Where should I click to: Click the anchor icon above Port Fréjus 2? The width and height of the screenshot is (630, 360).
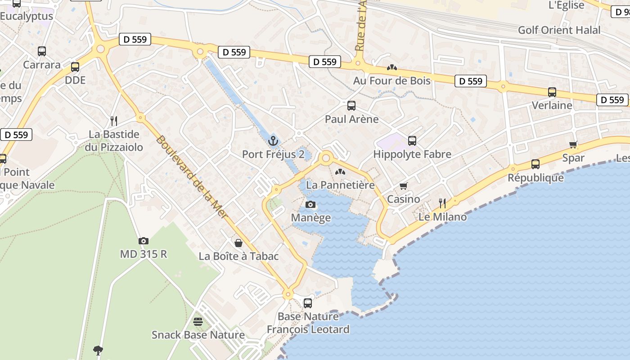pyautogui.click(x=273, y=141)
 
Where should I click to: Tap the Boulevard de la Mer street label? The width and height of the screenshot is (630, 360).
pyautogui.click(x=192, y=178)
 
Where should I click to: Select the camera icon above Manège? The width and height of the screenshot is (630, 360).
pyautogui.click(x=310, y=205)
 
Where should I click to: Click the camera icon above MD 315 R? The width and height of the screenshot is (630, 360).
pyautogui.click(x=144, y=241)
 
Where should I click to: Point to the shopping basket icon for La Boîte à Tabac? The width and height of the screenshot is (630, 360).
pyautogui.click(x=238, y=243)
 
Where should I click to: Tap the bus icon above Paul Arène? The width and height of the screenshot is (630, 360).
pyautogui.click(x=351, y=106)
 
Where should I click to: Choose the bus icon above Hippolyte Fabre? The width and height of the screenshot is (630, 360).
pyautogui.click(x=412, y=141)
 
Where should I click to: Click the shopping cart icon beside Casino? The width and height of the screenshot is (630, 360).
pyautogui.click(x=404, y=186)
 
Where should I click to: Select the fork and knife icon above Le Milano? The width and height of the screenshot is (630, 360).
pyautogui.click(x=442, y=203)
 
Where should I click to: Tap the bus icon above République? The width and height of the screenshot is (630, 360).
pyautogui.click(x=535, y=164)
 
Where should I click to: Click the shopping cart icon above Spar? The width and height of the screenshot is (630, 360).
pyautogui.click(x=573, y=144)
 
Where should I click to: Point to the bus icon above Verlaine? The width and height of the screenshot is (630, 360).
pyautogui.click(x=552, y=92)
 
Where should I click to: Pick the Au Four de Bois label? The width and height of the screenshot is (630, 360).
pyautogui.click(x=392, y=81)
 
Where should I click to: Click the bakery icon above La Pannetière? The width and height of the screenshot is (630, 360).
pyautogui.click(x=340, y=171)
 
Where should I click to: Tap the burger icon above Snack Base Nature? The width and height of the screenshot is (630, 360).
pyautogui.click(x=198, y=321)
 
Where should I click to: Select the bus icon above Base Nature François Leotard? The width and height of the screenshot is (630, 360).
pyautogui.click(x=308, y=303)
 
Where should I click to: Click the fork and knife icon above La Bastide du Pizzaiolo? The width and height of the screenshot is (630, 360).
pyautogui.click(x=114, y=121)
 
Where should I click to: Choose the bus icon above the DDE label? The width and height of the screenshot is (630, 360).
pyautogui.click(x=75, y=67)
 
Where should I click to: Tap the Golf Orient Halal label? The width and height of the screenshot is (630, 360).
pyautogui.click(x=559, y=30)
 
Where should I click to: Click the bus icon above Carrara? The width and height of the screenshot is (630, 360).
pyautogui.click(x=42, y=51)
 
